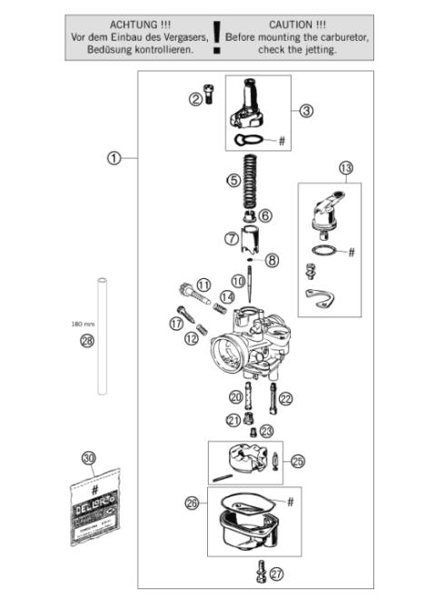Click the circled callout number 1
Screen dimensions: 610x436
coord(114,157)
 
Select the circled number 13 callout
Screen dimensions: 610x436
coord(345,168)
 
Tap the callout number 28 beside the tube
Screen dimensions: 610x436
coord(87,341)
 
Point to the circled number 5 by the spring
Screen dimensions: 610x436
coord(233,180)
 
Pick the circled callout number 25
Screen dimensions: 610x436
coord(298,462)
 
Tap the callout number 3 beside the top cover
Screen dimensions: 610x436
coord(306,110)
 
